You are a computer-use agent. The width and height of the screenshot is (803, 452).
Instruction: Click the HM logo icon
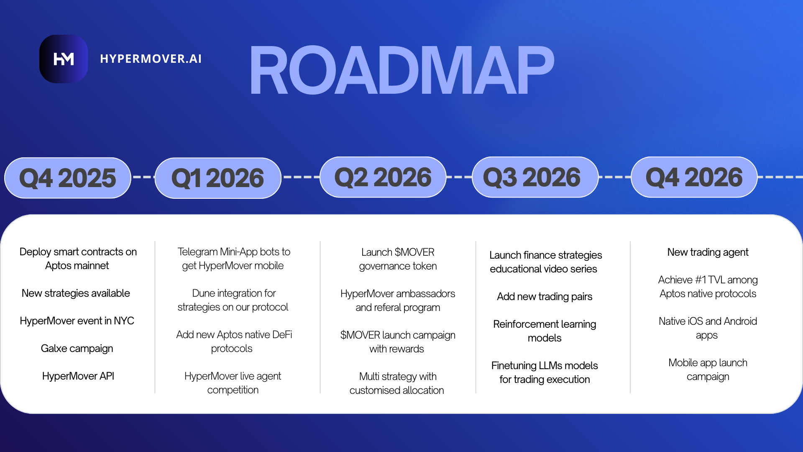(x=64, y=59)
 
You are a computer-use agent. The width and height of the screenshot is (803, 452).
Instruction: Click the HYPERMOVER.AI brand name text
(x=151, y=59)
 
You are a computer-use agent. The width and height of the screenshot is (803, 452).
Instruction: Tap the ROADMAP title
(x=401, y=71)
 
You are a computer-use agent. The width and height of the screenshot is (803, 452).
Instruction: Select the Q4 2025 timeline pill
(x=68, y=178)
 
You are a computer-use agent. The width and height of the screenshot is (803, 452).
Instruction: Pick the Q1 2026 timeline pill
(x=218, y=178)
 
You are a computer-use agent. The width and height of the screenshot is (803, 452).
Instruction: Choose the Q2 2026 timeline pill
(x=383, y=177)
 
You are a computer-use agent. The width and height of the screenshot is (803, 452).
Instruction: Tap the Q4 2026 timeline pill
(x=694, y=177)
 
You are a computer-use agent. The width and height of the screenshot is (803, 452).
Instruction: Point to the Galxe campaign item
(x=77, y=349)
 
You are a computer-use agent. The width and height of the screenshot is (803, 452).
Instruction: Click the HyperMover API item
(x=78, y=376)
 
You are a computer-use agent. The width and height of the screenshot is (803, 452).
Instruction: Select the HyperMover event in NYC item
(x=77, y=321)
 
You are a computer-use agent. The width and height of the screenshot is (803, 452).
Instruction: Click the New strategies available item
(x=76, y=293)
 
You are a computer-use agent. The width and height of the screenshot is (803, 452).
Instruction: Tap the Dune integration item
(x=233, y=300)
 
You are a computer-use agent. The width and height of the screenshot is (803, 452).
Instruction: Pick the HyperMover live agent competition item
(x=233, y=383)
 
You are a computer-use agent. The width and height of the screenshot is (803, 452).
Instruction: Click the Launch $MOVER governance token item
(x=398, y=259)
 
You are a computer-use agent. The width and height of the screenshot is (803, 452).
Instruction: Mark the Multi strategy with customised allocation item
(x=397, y=383)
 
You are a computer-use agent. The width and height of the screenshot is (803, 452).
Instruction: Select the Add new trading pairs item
(x=545, y=297)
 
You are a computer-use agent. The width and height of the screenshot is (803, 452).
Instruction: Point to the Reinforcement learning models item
(x=545, y=331)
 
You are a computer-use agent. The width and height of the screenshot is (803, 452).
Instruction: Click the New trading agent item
(x=708, y=252)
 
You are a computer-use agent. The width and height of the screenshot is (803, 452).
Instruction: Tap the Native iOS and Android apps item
(x=708, y=328)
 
